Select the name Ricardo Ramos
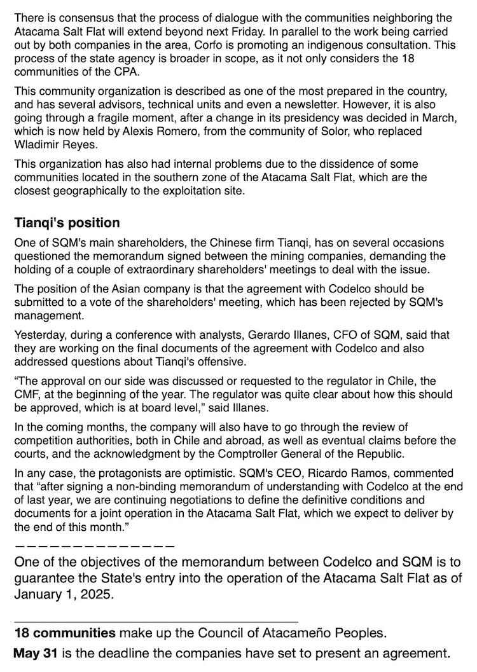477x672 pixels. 298,474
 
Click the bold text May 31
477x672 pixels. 35,652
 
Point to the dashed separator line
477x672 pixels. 94,545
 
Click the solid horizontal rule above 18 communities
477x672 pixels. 156,621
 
